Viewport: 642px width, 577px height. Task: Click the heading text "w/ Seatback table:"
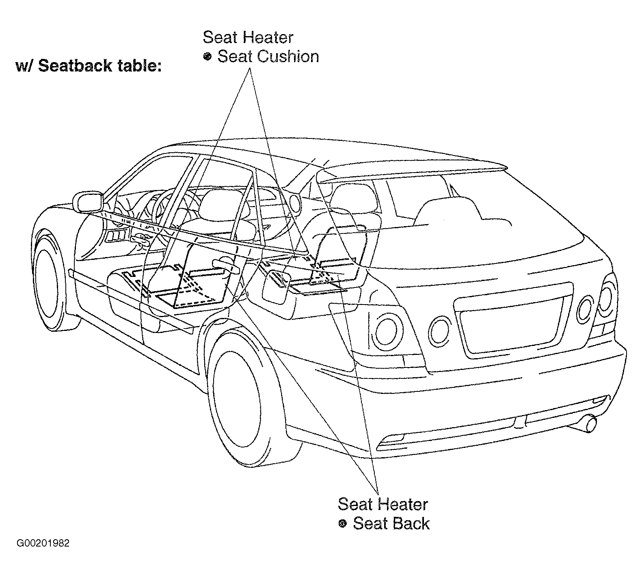pos(89,65)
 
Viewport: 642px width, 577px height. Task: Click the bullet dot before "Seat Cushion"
pos(208,57)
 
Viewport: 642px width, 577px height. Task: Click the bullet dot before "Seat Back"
pos(342,524)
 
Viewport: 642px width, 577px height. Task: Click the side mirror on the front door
pos(87,202)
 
